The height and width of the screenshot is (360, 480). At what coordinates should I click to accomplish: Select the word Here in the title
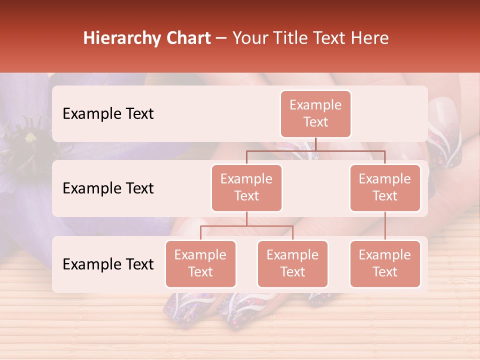click(x=370, y=38)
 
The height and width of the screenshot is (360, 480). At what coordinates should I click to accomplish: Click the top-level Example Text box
click(x=315, y=114)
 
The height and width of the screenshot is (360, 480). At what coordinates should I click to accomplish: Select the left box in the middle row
click(x=246, y=188)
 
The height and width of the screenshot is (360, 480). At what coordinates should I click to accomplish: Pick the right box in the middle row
click(x=385, y=188)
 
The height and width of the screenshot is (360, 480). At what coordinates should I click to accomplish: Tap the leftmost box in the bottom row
click(x=200, y=264)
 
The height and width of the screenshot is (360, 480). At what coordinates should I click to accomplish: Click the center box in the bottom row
click(x=292, y=264)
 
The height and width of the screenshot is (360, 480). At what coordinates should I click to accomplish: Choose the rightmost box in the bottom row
click(x=385, y=264)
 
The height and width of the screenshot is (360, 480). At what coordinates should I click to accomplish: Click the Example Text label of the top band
click(x=108, y=114)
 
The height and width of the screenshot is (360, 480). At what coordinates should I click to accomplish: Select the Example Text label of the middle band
click(x=108, y=188)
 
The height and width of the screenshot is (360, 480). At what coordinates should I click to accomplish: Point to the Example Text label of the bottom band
click(x=108, y=264)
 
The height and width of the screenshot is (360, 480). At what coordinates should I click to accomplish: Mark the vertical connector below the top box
click(x=315, y=144)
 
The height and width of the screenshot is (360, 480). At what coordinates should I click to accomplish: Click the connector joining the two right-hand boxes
click(x=385, y=226)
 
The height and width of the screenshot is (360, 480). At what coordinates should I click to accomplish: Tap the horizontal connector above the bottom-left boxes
click(x=246, y=226)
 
